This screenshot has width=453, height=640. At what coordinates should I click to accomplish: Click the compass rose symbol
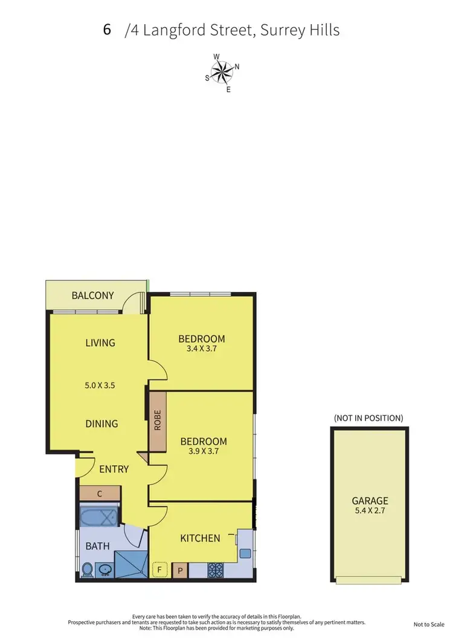[x=222, y=74]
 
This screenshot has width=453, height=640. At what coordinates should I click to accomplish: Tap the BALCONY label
[x=92, y=296]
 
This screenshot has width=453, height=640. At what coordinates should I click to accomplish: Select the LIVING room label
[x=100, y=343]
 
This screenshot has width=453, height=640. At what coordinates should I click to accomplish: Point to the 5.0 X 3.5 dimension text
[x=100, y=383]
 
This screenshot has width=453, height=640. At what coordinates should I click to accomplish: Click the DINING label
[x=101, y=424]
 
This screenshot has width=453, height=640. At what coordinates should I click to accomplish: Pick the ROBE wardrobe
[x=158, y=421]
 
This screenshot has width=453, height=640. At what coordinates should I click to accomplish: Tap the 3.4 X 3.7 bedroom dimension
[x=202, y=348]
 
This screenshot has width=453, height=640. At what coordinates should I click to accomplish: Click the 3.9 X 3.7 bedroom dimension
[x=204, y=451]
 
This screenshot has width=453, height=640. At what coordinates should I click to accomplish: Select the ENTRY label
[x=114, y=468]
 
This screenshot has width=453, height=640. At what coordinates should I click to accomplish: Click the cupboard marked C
[x=100, y=494]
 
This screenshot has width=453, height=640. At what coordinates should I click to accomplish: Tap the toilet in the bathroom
[x=86, y=568]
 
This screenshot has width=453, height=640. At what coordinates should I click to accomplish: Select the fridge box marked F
[x=160, y=569]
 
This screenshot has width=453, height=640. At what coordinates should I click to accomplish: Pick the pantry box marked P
[x=180, y=569]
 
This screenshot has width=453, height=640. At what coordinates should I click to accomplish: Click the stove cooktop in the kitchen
[x=216, y=569]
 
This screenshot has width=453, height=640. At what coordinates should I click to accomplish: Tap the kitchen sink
[x=245, y=552]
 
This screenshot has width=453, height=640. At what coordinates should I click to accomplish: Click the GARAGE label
[x=370, y=501]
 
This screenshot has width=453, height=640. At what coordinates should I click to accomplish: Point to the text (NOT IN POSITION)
[x=368, y=418]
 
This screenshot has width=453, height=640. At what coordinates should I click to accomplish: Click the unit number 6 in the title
[x=107, y=30]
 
